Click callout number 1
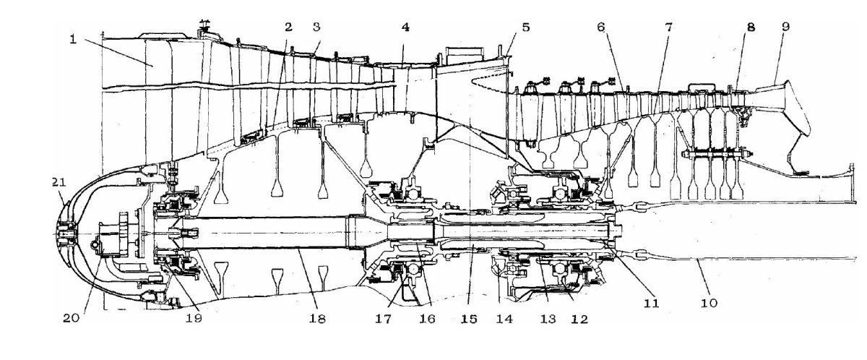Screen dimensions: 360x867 point(73,38)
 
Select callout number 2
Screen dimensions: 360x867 point(288,27)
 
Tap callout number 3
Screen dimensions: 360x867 point(316,27)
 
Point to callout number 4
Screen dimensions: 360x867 point(406,27)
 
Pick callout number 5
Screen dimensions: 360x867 point(525,27)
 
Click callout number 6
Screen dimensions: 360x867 point(600,27)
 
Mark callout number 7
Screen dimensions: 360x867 point(669,27)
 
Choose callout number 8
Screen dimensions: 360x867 point(751,27)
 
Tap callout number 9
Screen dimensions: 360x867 point(785,27)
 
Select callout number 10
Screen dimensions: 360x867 point(709,303)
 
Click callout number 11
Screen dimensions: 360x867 point(652,304)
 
